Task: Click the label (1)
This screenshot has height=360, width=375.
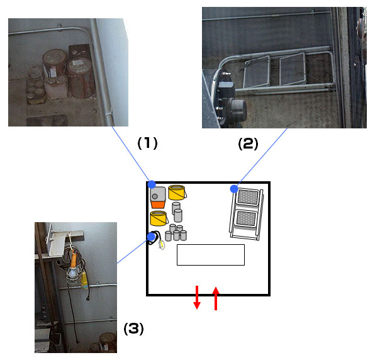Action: (147, 143)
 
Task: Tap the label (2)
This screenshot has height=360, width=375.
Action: (248, 144)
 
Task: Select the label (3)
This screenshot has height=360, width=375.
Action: (133, 329)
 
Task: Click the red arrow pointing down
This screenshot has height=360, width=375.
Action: (197, 297)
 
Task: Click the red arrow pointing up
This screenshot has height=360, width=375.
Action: (216, 298)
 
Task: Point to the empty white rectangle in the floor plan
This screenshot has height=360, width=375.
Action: (210, 255)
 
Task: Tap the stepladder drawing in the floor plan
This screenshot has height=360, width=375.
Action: (247, 214)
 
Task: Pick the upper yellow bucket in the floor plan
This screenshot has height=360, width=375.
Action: (177, 193)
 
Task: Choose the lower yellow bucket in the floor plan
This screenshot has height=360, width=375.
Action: (159, 218)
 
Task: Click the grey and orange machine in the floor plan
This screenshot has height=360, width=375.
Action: (158, 198)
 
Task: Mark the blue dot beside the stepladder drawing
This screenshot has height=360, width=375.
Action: (234, 189)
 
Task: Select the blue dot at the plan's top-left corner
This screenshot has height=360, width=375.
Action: (152, 184)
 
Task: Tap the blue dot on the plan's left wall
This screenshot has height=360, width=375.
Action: (151, 237)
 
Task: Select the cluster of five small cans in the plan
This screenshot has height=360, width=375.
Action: (176, 233)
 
